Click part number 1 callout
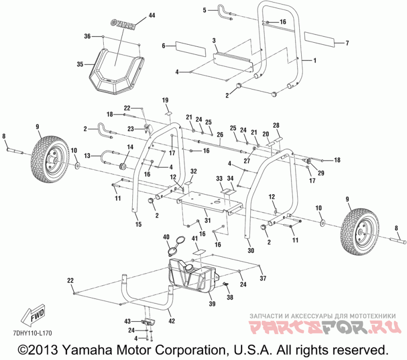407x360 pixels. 314,61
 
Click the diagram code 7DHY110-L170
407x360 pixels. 31,333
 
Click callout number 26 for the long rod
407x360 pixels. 220,135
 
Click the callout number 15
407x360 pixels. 137,224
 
